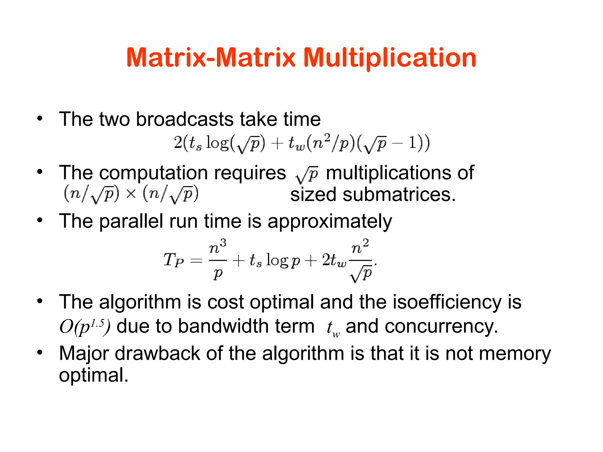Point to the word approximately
coord(329,221)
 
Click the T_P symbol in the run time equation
coord(173,260)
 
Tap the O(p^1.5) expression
coord(85,326)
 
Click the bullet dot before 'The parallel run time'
coord(40,220)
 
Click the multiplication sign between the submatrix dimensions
coord(131,194)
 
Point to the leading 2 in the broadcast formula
coord(178,143)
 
